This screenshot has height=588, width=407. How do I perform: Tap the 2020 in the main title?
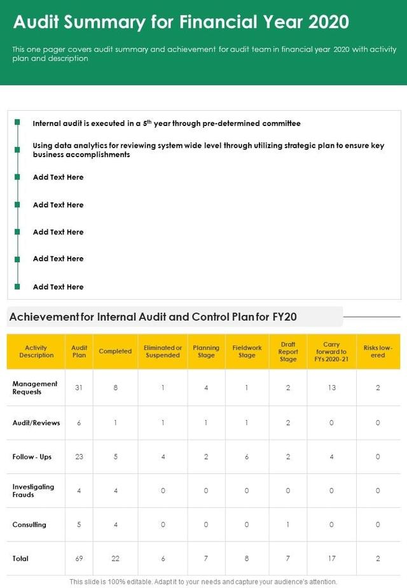pyautogui.click(x=328, y=22)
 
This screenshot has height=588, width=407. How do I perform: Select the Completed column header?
pyautogui.click(x=115, y=351)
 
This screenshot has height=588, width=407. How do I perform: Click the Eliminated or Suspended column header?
pyautogui.click(x=163, y=351)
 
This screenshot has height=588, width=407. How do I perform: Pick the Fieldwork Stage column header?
pyautogui.click(x=247, y=351)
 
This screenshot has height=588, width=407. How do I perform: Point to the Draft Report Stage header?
pyautogui.click(x=288, y=351)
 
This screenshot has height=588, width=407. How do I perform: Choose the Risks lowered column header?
pyautogui.click(x=378, y=351)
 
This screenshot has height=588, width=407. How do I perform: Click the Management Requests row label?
pyautogui.click(x=35, y=388)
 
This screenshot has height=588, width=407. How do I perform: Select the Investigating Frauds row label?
pyautogui.click(x=33, y=490)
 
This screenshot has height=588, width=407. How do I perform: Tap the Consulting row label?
pyautogui.click(x=29, y=524)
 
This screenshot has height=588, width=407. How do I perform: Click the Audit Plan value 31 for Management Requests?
pyautogui.click(x=79, y=388)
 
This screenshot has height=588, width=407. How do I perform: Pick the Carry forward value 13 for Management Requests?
pyautogui.click(x=331, y=388)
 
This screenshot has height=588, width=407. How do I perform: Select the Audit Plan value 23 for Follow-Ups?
pyautogui.click(x=79, y=456)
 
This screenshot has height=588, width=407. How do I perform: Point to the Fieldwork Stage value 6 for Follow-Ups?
pyautogui.click(x=247, y=456)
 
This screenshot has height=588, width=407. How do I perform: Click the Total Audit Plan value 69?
pyautogui.click(x=79, y=558)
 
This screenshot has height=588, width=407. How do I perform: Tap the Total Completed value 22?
pyautogui.click(x=115, y=558)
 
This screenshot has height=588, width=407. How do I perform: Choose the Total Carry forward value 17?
pyautogui.click(x=331, y=558)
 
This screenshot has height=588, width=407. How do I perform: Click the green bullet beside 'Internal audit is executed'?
pyautogui.click(x=18, y=122)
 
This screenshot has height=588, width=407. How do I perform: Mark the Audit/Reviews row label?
pyautogui.click(x=36, y=423)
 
